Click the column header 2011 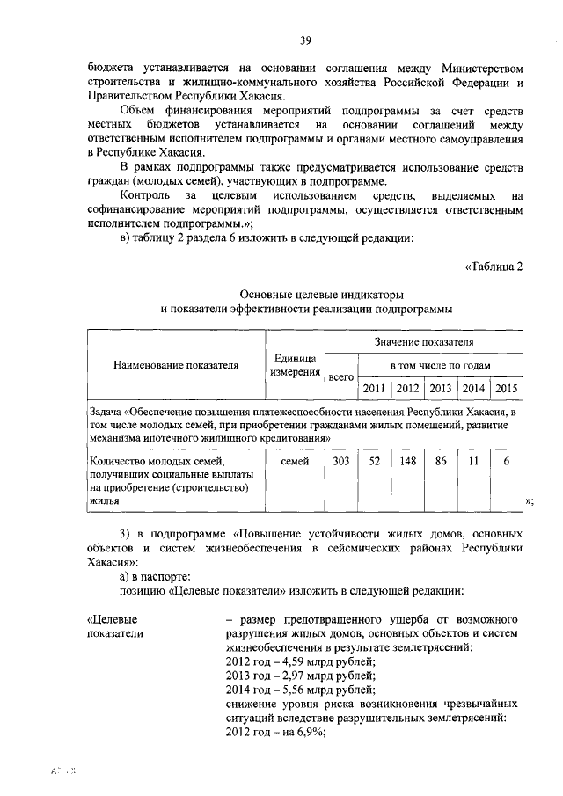374,389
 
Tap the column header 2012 407,389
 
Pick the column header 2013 441,389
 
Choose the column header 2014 473,389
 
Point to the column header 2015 506,389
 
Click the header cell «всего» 340,377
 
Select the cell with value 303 340,461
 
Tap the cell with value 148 407,461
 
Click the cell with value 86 441,461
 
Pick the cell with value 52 374,461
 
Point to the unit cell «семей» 295,461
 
